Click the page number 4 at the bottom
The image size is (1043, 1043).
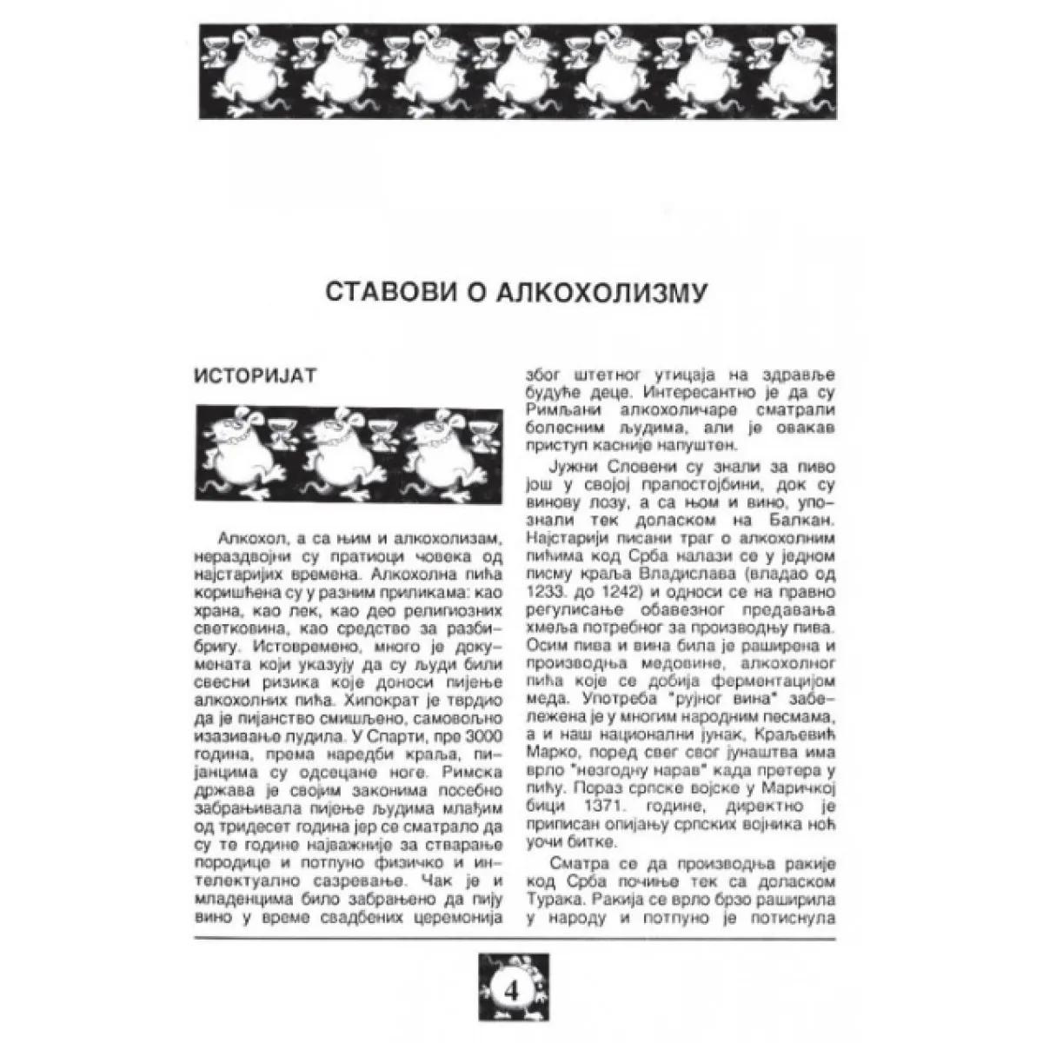pos(511,990)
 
